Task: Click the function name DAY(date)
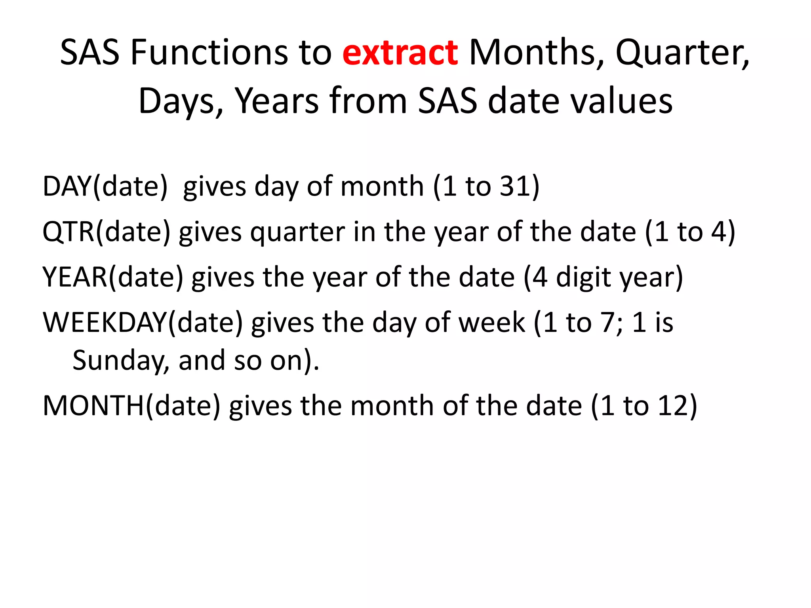pyautogui.click(x=105, y=186)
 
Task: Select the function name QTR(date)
pyautogui.click(x=106, y=232)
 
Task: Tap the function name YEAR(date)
pyautogui.click(x=113, y=277)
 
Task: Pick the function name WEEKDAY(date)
pyautogui.click(x=143, y=323)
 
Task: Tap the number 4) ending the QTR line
pyautogui.click(x=723, y=232)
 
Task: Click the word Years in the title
pyautogui.click(x=277, y=101)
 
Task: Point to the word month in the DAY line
pyautogui.click(x=382, y=186)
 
